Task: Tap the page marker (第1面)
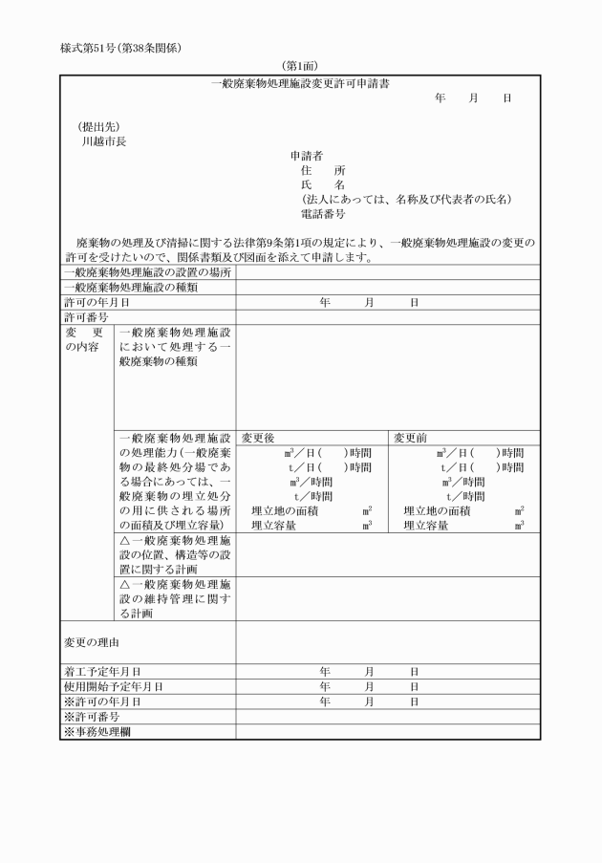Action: (300, 67)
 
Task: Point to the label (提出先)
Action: (98, 126)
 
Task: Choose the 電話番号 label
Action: (323, 214)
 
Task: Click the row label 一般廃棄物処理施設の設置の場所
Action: (147, 272)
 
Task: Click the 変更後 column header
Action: (258, 438)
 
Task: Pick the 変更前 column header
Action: (411, 438)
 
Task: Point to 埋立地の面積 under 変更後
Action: (285, 511)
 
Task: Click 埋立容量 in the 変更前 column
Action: (430, 525)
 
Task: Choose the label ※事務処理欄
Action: (97, 731)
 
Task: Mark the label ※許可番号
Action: (92, 716)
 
